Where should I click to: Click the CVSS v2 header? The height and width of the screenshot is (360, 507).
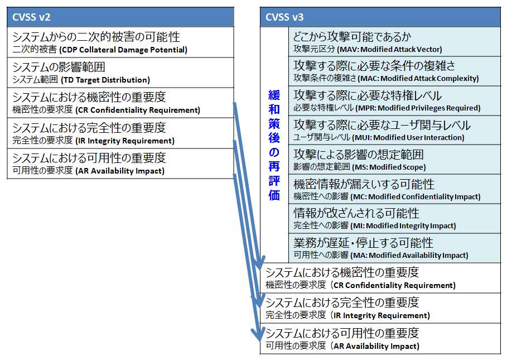click(x=120, y=17)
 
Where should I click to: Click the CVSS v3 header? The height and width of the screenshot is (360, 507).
click(x=380, y=17)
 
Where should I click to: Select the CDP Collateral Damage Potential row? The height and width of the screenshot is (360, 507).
click(x=120, y=42)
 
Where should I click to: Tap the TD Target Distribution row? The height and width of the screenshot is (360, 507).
click(x=120, y=73)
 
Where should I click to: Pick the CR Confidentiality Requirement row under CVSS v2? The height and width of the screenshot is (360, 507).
click(x=120, y=103)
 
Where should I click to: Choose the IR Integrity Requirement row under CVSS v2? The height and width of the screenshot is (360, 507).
click(x=120, y=133)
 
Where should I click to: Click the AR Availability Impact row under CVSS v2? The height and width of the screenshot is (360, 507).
click(x=120, y=164)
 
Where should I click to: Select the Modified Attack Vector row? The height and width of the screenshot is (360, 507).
click(x=394, y=42)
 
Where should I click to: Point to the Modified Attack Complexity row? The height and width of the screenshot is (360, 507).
click(x=394, y=71)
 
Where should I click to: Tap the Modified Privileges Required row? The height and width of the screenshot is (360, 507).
click(x=394, y=100)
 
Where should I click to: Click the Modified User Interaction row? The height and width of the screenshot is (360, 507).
click(x=394, y=130)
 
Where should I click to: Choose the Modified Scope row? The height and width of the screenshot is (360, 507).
click(x=394, y=160)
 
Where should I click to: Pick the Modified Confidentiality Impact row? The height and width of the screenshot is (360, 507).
click(x=394, y=189)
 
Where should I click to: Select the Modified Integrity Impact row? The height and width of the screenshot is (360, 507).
click(x=394, y=218)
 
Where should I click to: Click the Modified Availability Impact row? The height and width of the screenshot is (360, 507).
click(x=394, y=248)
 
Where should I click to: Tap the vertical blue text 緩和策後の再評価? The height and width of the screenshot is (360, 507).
click(x=274, y=145)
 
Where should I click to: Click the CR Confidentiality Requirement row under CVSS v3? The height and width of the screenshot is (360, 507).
click(x=380, y=278)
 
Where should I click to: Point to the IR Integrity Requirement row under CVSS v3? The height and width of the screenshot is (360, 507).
click(x=380, y=308)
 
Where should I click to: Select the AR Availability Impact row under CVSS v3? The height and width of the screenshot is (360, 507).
click(x=380, y=339)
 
